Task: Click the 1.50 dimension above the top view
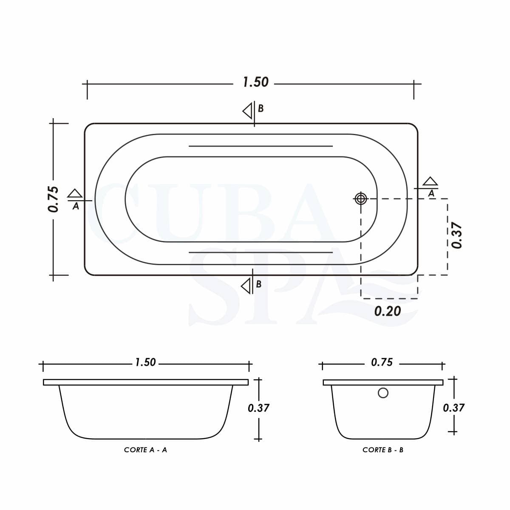(x=256, y=82)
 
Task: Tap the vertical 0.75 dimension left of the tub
(x=53, y=199)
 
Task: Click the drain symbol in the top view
(x=361, y=198)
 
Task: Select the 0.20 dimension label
(x=388, y=311)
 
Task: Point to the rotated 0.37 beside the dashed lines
(x=457, y=236)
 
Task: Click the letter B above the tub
(x=261, y=108)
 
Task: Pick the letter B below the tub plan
(x=258, y=284)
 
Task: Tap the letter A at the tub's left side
(x=76, y=206)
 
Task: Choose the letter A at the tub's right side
(x=431, y=193)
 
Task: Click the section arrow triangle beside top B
(x=247, y=111)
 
